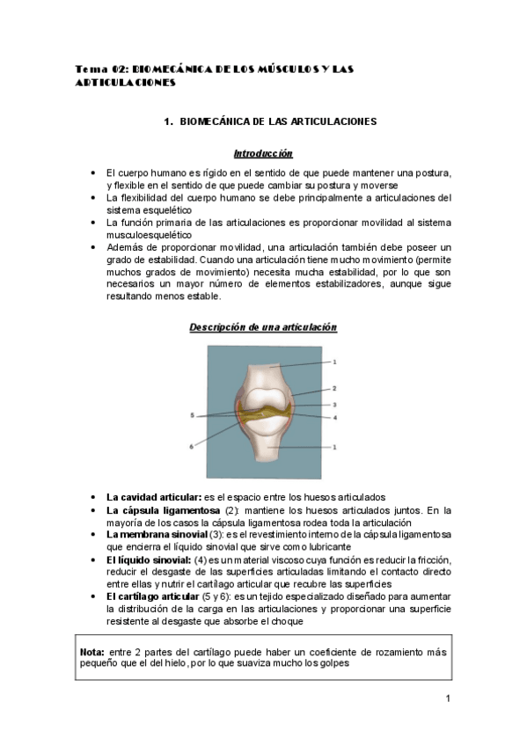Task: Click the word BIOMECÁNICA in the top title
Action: coord(170,69)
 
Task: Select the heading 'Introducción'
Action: coord(263,153)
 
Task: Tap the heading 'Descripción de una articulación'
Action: coord(263,327)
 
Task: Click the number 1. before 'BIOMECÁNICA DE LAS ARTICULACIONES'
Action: coord(168,121)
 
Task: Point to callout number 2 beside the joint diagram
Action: coord(334,388)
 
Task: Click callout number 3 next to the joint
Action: coord(334,405)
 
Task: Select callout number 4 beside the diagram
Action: coord(334,417)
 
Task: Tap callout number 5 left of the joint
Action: coord(192,414)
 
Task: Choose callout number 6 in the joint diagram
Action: coord(191,446)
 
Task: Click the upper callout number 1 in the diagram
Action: coord(334,362)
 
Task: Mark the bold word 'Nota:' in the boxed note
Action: coord(91,652)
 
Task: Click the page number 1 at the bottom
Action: coord(448,699)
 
